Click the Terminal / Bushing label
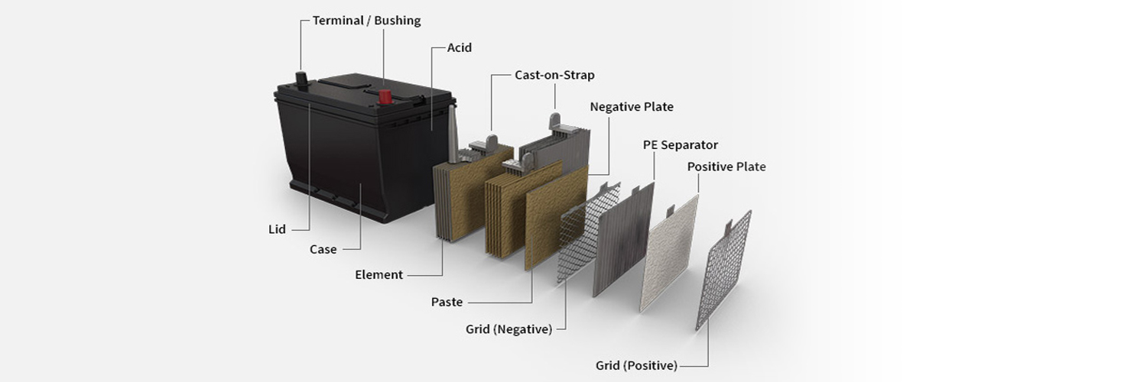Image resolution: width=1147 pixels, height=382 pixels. (x=366, y=21)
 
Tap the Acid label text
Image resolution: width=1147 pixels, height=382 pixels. (x=460, y=47)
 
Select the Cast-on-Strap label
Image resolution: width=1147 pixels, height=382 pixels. (x=554, y=75)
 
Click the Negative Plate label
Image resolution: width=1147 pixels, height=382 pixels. (x=631, y=107)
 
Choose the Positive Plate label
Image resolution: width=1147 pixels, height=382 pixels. (x=726, y=167)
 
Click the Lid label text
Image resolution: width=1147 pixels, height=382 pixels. (x=277, y=229)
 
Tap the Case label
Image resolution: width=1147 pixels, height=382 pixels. (x=323, y=249)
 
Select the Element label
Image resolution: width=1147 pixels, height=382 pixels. (x=379, y=275)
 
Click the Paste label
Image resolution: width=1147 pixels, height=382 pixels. (x=447, y=302)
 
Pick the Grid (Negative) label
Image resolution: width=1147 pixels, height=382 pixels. (x=509, y=329)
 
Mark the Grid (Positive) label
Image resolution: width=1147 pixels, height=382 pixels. (x=636, y=365)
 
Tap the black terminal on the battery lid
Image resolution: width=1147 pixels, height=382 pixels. (x=301, y=79)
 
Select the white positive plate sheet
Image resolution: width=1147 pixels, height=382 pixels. (x=670, y=252)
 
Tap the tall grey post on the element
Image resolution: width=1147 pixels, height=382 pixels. (x=453, y=134)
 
